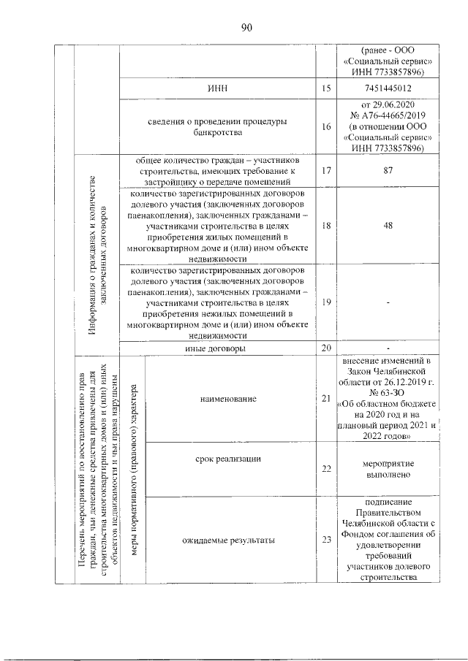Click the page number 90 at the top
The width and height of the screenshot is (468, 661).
tap(246, 28)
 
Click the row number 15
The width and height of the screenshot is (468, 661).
tap(325, 88)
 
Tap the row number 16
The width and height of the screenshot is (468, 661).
tap(325, 126)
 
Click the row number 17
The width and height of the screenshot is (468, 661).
tap(325, 170)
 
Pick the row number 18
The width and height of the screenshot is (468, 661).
tap(325, 226)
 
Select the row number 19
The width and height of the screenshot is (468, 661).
tap(325, 302)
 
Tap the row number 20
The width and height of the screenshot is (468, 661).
tap(325, 348)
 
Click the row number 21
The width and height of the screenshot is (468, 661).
tap(325, 398)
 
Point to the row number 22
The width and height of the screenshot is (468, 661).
tap(325, 467)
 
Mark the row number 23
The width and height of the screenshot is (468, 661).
tap(325, 540)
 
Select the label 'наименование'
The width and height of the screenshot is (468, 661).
tap(230, 399)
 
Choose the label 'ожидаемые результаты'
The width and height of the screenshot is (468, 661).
tap(229, 540)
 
